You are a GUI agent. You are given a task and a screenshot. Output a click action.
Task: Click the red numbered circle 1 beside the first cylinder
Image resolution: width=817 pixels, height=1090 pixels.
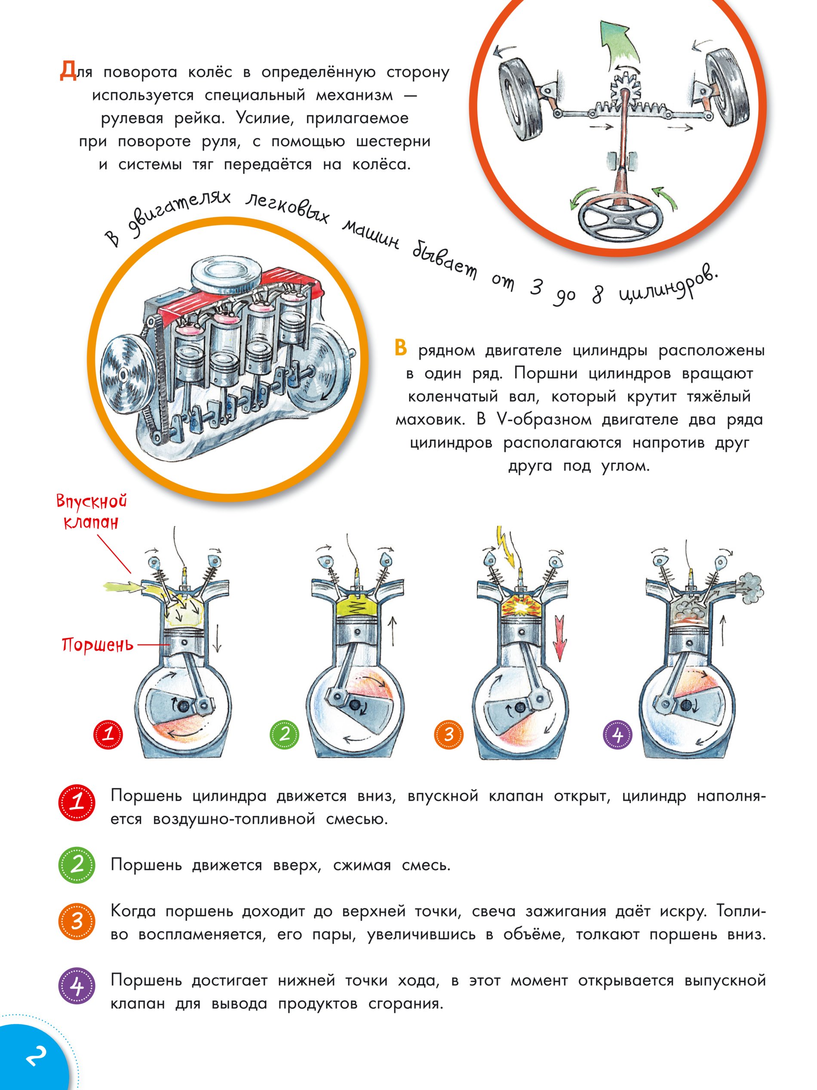(x=108, y=735)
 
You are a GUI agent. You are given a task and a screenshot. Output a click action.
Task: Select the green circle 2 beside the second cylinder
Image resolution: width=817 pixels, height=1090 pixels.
(x=284, y=734)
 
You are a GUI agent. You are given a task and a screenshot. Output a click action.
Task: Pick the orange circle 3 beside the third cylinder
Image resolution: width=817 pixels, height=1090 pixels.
(x=448, y=735)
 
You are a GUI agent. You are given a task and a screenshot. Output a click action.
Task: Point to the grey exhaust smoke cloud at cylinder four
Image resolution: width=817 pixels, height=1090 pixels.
(x=749, y=587)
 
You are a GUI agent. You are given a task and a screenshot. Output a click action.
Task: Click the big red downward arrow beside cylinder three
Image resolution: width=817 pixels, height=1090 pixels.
(x=560, y=636)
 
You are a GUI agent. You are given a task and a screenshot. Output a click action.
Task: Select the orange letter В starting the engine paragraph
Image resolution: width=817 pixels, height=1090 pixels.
(x=400, y=347)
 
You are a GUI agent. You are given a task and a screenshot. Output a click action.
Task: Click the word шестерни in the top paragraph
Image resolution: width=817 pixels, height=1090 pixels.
(x=393, y=142)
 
